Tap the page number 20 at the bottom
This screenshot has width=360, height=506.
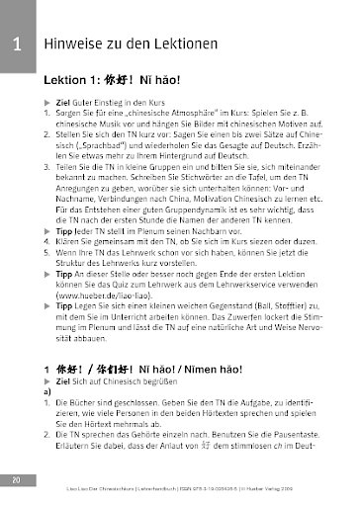pyautogui.click(x=17, y=480)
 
